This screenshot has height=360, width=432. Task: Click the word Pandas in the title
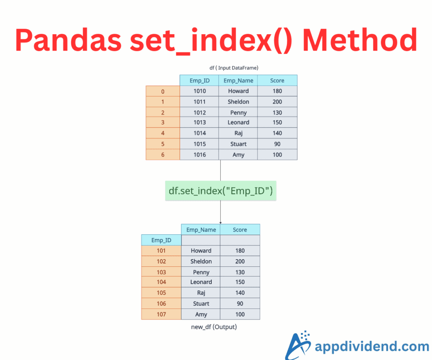[x=68, y=40]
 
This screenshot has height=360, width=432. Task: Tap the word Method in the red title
[x=360, y=40]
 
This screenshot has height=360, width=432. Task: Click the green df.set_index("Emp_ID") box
[x=221, y=191]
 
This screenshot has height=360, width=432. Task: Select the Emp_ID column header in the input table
[x=200, y=81]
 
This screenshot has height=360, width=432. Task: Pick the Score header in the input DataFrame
[x=277, y=81]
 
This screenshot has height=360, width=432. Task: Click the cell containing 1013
[x=200, y=122]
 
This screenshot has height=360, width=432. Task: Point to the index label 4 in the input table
[x=163, y=133]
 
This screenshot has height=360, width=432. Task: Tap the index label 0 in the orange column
[x=163, y=91]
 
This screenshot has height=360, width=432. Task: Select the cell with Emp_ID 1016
[x=200, y=154]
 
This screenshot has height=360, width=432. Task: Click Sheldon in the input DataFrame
[x=238, y=102]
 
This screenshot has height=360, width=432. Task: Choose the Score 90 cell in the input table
[x=277, y=144]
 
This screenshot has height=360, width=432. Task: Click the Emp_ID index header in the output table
[x=161, y=240]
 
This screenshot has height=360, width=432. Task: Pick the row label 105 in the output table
[x=161, y=293]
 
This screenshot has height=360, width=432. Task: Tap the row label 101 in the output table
[x=161, y=251]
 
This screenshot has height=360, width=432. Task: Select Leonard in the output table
[x=201, y=282]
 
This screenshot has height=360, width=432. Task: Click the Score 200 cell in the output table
[x=240, y=261]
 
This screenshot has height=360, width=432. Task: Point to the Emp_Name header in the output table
[x=201, y=230]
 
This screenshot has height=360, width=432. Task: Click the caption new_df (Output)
[x=214, y=327]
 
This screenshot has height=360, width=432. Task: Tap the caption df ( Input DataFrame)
[x=234, y=68]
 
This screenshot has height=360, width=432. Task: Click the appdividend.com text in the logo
[x=372, y=346]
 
